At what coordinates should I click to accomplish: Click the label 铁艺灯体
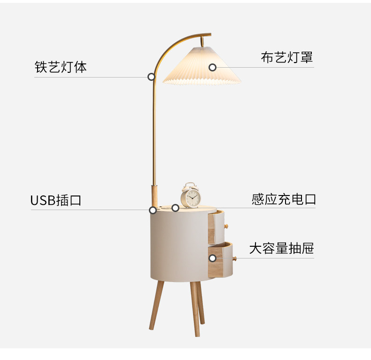click(x=61, y=67)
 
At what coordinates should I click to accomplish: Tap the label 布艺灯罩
click(x=287, y=57)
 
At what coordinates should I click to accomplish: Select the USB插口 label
click(x=56, y=200)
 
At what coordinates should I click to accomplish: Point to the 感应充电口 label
click(x=284, y=199)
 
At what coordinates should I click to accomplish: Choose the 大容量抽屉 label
click(x=282, y=248)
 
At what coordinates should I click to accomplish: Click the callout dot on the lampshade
click(x=212, y=68)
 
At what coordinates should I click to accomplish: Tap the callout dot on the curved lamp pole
click(x=151, y=77)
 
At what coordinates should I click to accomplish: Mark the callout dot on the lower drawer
click(x=212, y=258)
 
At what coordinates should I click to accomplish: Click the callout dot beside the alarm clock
click(x=175, y=208)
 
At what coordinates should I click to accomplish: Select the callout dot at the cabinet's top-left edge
click(x=153, y=210)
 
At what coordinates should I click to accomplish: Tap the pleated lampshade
click(x=202, y=66)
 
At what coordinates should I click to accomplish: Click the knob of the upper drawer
click(x=226, y=226)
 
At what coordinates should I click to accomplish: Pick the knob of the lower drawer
click(x=234, y=258)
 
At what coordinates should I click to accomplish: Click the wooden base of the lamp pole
click(x=154, y=196)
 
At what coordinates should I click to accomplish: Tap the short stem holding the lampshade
click(x=202, y=41)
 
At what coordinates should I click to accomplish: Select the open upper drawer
click(x=216, y=227)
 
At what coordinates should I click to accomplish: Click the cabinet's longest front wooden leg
click(x=195, y=309)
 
